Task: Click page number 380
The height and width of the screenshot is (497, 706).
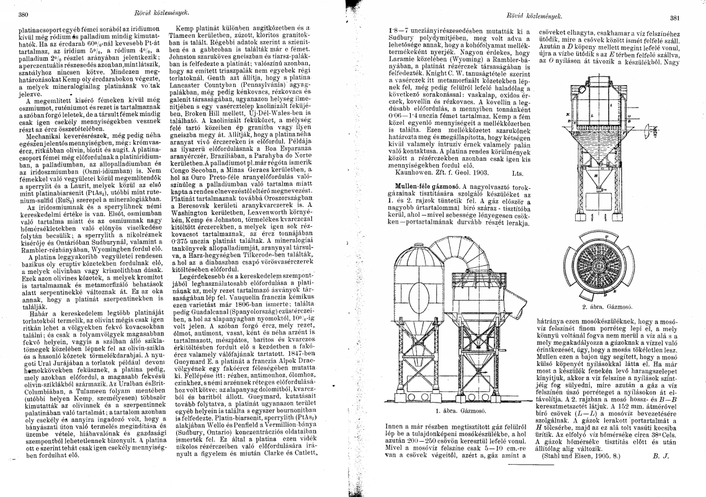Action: [x=25, y=13]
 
